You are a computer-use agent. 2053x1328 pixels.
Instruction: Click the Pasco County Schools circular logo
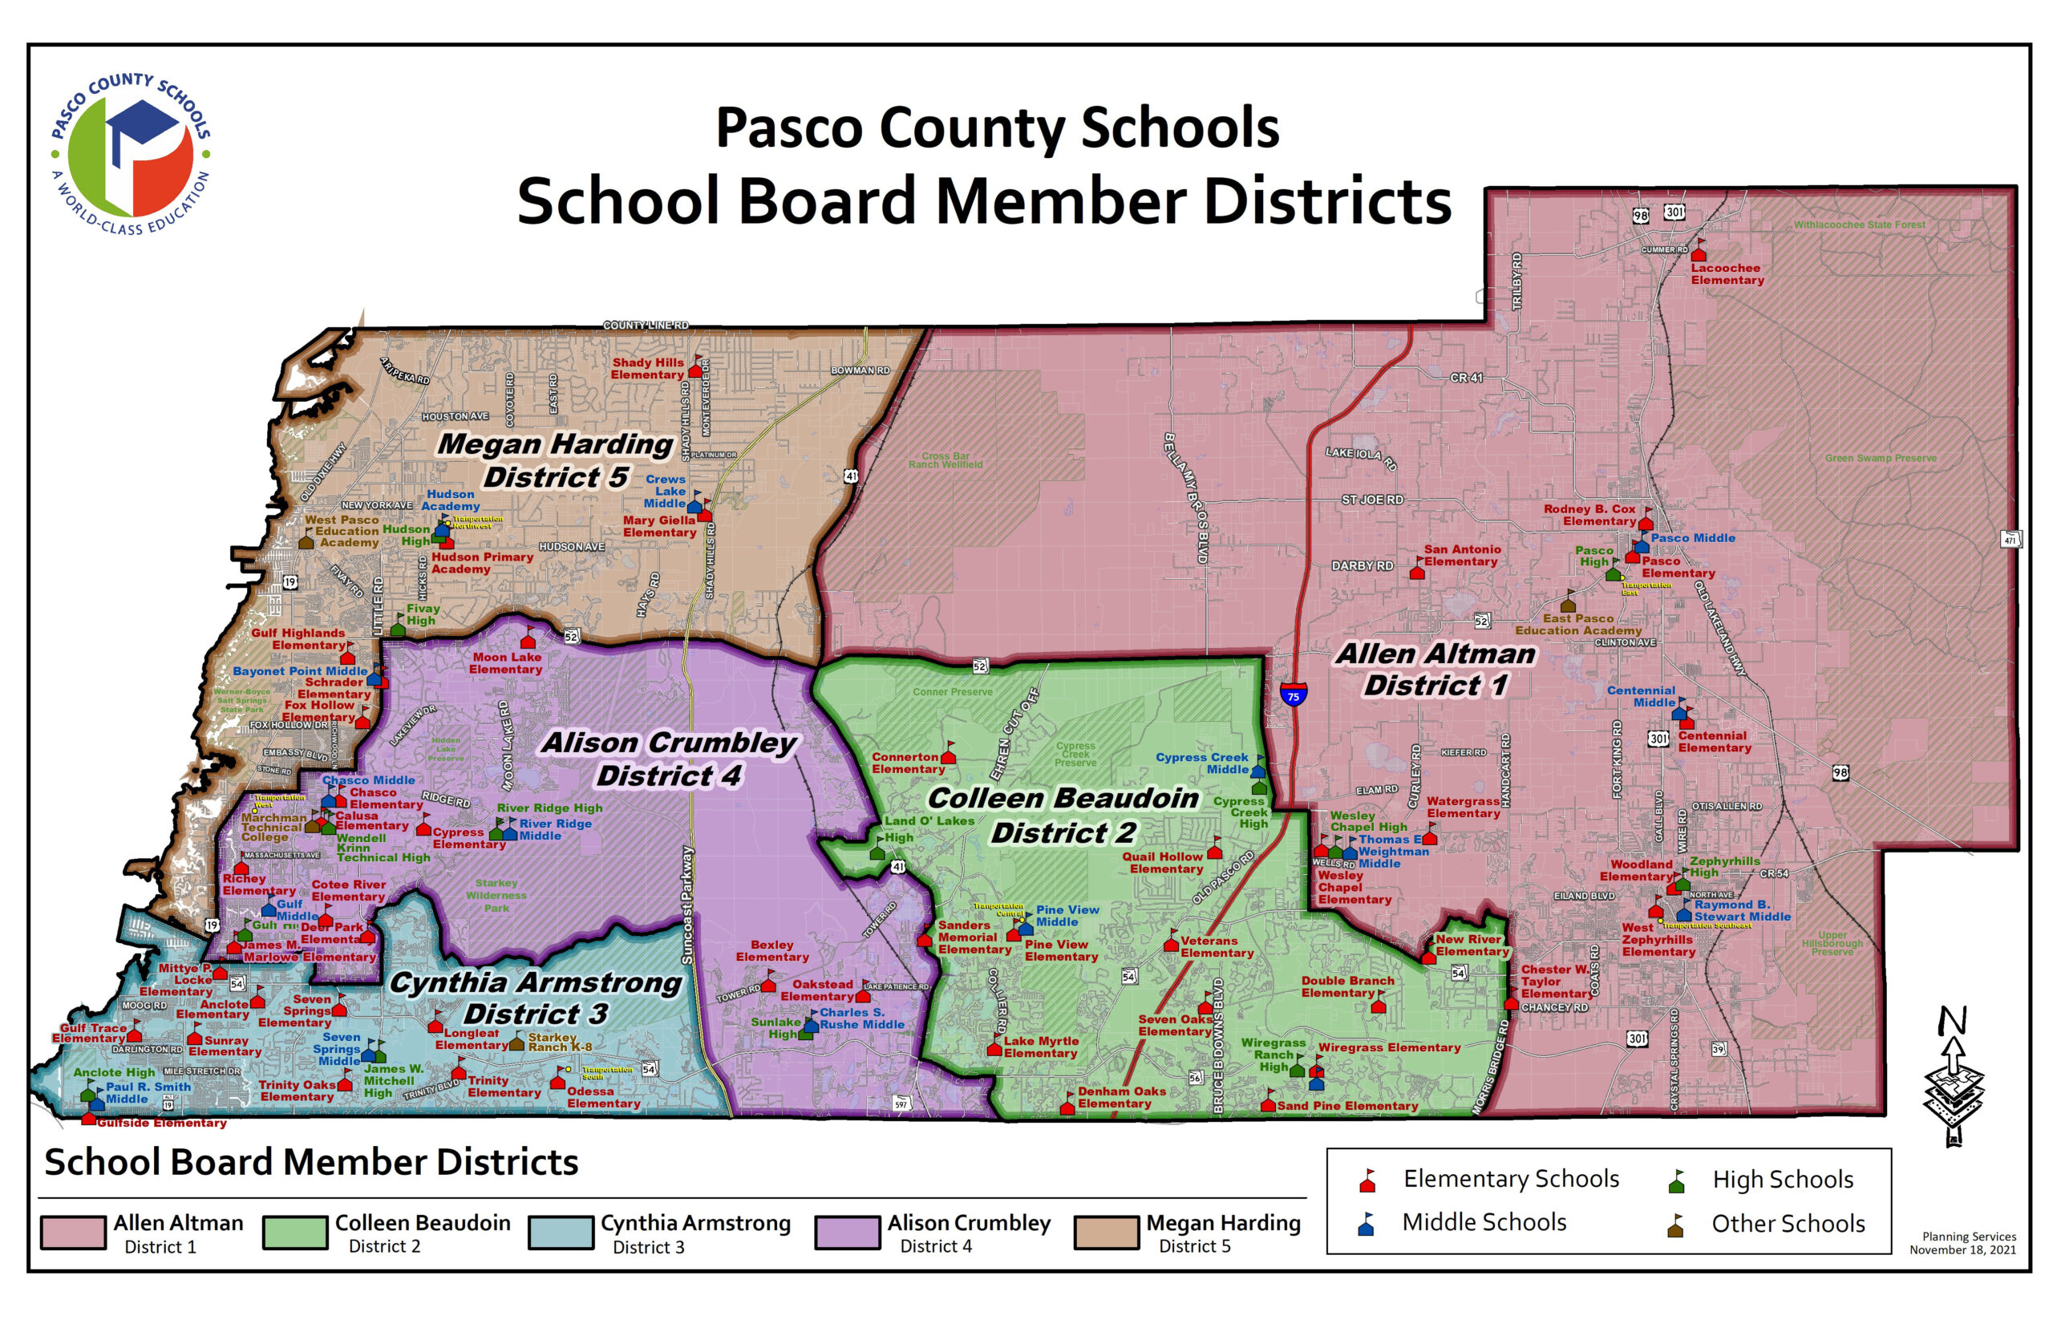tap(130, 156)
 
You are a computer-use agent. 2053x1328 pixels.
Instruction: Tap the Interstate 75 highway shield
tap(1293, 694)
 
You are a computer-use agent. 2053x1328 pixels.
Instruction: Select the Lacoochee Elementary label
tap(1727, 274)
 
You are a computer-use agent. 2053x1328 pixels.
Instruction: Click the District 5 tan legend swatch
tap(1106, 1233)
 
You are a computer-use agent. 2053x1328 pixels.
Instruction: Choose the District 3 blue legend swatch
tap(561, 1233)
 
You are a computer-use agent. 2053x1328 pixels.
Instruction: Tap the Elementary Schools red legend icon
tap(1367, 1180)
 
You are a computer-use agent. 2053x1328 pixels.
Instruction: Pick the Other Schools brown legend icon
tap(1675, 1225)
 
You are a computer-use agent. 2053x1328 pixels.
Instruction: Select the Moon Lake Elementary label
tap(506, 663)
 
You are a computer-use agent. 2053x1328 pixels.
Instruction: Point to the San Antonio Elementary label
tap(1461, 556)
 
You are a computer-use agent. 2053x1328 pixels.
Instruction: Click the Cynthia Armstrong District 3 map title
tap(535, 998)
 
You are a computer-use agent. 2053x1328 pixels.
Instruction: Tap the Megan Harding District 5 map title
tap(554, 460)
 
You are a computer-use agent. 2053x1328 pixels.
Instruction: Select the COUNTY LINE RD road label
tap(646, 325)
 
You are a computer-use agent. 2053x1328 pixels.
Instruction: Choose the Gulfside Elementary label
tap(161, 1123)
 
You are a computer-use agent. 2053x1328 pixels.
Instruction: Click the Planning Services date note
tap(1962, 1243)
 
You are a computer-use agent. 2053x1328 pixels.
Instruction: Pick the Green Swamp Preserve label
tap(1880, 458)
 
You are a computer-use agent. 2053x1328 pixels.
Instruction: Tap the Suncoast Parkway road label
tap(687, 905)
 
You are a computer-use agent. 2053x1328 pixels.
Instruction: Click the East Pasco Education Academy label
tap(1578, 625)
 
